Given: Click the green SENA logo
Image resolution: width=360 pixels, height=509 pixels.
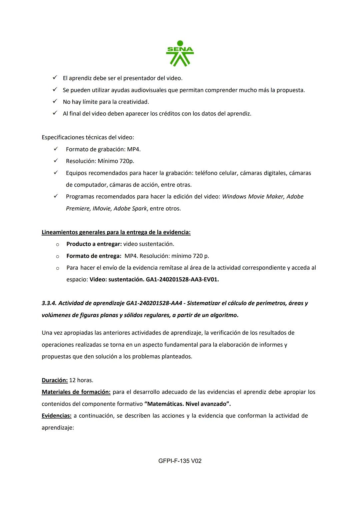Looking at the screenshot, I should pos(180,53).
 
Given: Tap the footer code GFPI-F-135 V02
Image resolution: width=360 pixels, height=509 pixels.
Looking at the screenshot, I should pos(180,461).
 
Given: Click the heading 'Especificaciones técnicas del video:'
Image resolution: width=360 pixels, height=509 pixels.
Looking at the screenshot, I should pos(88,137).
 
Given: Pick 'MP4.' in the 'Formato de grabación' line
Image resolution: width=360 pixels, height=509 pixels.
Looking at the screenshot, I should pos(134,149).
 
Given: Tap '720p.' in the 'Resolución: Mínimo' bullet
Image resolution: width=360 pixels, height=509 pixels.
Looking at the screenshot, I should pos(127,161).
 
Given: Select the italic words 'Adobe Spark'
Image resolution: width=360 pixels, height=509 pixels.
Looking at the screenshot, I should pos(130,209).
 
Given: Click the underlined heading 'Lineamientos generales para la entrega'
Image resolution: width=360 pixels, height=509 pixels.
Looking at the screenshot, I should pos(116,232).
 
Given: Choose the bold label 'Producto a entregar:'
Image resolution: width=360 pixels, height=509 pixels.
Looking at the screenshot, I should pos(94,244).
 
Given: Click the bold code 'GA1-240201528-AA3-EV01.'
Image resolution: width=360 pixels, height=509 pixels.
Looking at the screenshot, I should pos(182,280).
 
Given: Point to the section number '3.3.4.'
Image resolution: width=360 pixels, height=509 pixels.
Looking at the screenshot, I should pos(49,303).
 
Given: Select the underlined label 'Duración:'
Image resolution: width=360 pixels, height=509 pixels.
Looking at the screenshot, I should pos(55,380).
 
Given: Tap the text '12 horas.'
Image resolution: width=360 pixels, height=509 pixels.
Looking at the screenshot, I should pos(81,380).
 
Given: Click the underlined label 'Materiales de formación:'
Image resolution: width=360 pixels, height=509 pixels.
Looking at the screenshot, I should pos(76,392).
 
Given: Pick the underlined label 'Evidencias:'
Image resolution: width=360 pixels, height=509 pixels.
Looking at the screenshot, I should pos(56,416).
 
